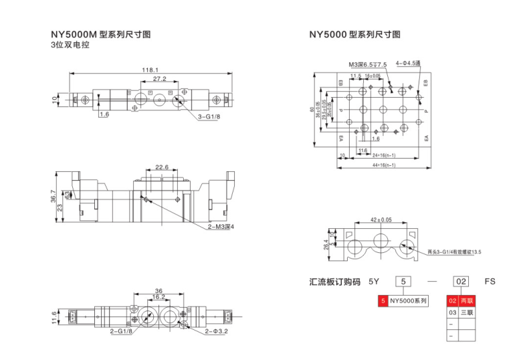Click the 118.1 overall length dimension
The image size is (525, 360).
[150, 70]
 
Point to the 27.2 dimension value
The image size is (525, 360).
[159, 79]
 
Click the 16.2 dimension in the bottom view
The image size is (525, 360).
[159, 297]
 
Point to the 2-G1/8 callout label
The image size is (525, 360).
[122, 331]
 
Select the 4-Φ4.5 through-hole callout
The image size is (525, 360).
[407, 63]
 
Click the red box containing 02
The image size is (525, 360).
[452, 301]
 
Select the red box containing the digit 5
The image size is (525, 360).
[382, 301]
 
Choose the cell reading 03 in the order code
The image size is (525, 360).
[452, 312]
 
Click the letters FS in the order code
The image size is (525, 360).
[490, 282]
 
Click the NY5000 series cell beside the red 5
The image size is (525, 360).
[408, 301]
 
